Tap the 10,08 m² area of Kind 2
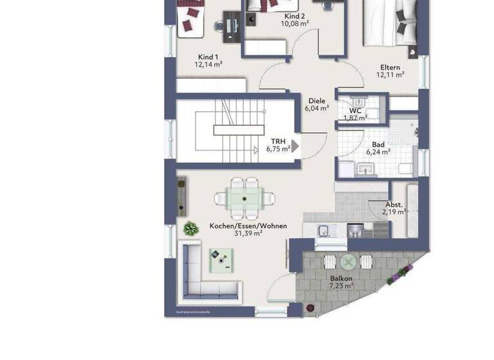click(x=295, y=24)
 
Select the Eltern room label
click(x=390, y=67)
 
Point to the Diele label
click(x=316, y=101)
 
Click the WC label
click(x=355, y=111)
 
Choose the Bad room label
click(x=378, y=145)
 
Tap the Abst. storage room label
click(x=394, y=204)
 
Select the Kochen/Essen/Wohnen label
click(x=248, y=226)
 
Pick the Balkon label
click(x=341, y=278)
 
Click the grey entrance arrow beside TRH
click(x=296, y=146)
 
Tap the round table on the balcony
click(x=349, y=262)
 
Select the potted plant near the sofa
click(x=190, y=228)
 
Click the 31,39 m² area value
click(x=248, y=233)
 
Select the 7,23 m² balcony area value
click(x=341, y=286)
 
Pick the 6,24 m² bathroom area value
click(x=378, y=152)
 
